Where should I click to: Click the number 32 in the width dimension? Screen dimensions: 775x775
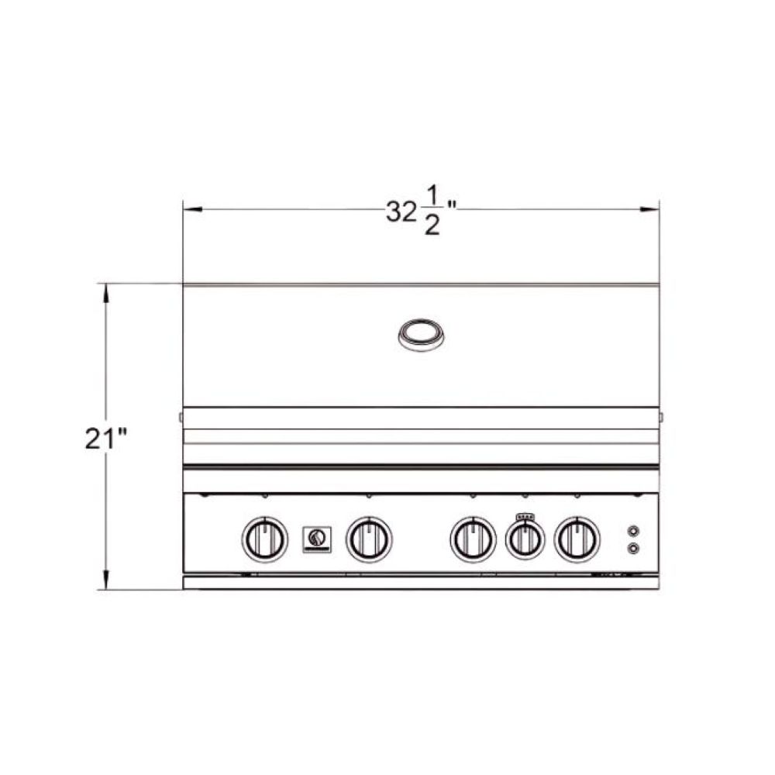(x=401, y=212)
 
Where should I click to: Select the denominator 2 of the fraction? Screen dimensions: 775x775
(x=432, y=226)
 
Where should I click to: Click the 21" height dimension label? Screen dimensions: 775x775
(x=105, y=438)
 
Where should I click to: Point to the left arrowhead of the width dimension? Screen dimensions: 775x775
(x=193, y=209)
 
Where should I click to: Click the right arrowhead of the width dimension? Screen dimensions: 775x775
(x=649, y=209)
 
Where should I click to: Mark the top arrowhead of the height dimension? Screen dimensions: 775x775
(x=105, y=293)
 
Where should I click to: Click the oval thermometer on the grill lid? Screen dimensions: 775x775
(x=421, y=335)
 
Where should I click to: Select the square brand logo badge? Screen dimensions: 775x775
(x=317, y=539)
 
